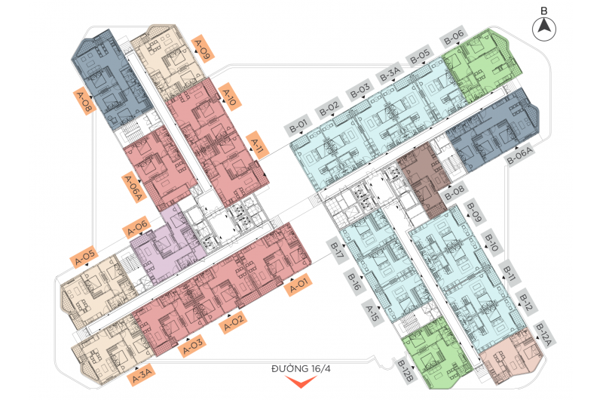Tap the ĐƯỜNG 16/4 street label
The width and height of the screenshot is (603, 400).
pyautogui.click(x=301, y=369)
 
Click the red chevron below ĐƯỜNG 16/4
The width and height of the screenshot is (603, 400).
pyautogui.click(x=301, y=382)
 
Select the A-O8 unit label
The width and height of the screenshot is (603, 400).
pyautogui.click(x=84, y=102)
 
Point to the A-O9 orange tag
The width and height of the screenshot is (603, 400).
pyautogui.click(x=202, y=48)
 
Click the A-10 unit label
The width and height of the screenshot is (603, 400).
pyautogui.click(x=230, y=97)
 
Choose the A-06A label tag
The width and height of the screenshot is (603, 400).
pyautogui.click(x=134, y=188)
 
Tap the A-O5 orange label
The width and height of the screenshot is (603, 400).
pyautogui.click(x=84, y=257)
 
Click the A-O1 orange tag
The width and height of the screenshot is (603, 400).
pyautogui.click(x=298, y=285)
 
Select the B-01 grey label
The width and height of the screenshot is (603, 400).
pyautogui.click(x=298, y=125)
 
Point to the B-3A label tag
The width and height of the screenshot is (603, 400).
pyautogui.click(x=390, y=73)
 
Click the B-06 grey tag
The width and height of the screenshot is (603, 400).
pyautogui.click(x=454, y=37)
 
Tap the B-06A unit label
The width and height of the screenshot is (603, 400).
pyautogui.click(x=519, y=155)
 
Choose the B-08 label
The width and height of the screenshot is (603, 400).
pyautogui.click(x=455, y=192)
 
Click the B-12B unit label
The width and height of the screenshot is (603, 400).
pyautogui.click(x=405, y=371)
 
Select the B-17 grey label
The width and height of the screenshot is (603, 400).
pyautogui.click(x=337, y=251)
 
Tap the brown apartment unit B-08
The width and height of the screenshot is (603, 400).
pyautogui.click(x=423, y=179)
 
